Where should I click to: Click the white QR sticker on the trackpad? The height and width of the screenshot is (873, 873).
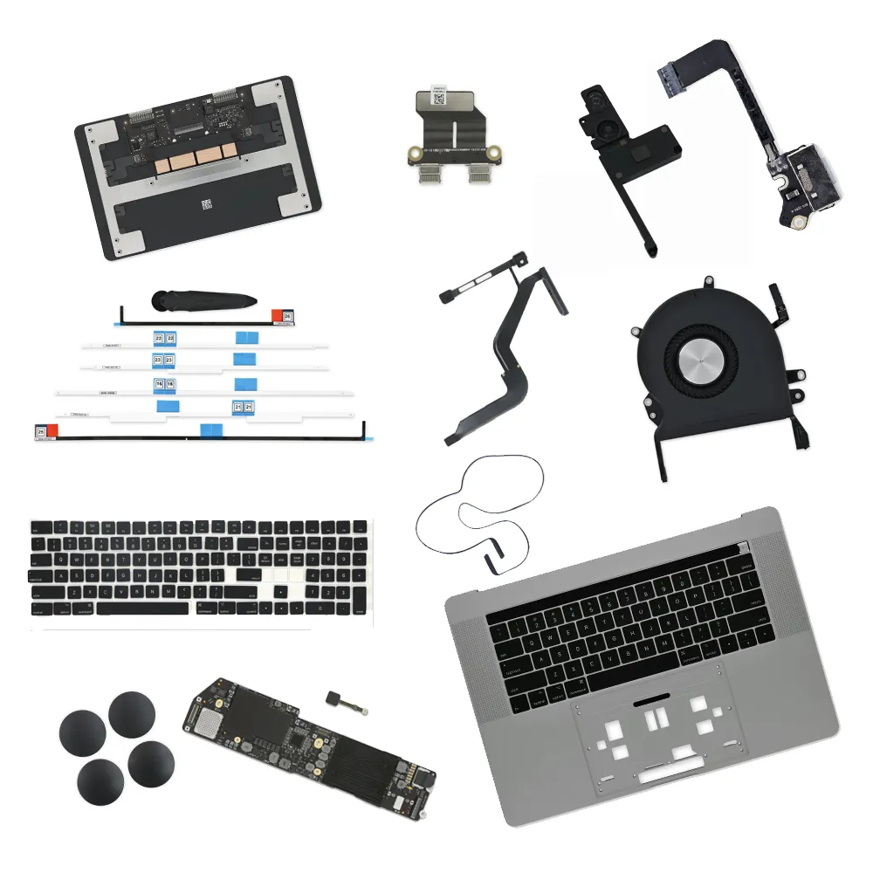tap(207, 206)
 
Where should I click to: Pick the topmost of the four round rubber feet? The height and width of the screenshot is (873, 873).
tap(132, 714)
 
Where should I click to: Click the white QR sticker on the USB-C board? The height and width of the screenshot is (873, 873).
tap(440, 98)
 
